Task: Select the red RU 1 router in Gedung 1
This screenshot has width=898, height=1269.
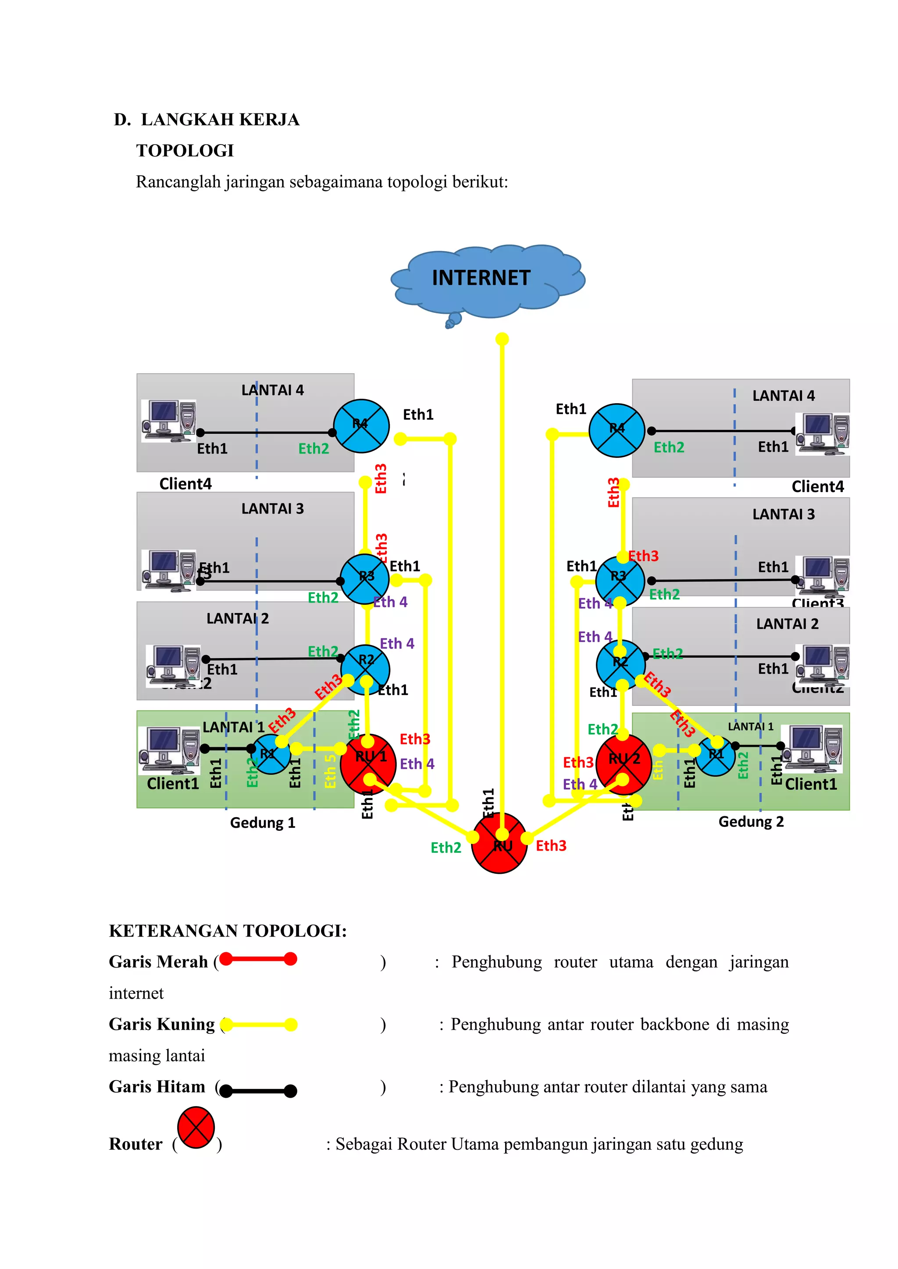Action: (368, 762)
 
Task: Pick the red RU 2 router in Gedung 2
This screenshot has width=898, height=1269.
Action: (623, 762)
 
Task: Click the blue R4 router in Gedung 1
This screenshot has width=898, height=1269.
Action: (361, 425)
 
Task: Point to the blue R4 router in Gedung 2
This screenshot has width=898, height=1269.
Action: (616, 430)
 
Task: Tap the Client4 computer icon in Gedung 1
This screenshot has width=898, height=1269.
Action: (169, 421)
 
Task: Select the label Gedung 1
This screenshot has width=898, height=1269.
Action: (263, 823)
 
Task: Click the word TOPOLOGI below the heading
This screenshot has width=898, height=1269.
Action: (185, 150)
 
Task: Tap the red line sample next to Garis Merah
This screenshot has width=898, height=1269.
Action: (258, 960)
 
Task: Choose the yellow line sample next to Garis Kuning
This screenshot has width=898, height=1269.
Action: (258, 1024)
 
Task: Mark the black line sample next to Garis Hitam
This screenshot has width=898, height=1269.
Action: (258, 1091)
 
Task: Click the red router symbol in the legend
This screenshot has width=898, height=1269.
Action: (196, 1127)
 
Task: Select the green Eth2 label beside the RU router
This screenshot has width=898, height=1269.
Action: (445, 848)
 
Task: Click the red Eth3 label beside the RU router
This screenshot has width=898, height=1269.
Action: (551, 846)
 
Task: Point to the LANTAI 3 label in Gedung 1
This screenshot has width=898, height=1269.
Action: (273, 508)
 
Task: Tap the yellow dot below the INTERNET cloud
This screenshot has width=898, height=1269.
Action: (502, 339)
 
